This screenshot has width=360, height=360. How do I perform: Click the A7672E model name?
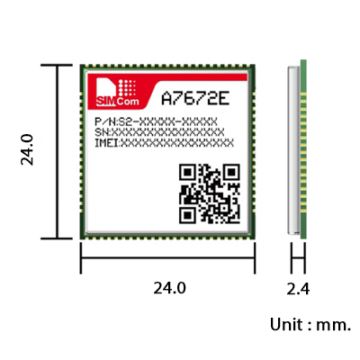point(195,98)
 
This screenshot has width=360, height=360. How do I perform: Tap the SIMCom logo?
point(118,93)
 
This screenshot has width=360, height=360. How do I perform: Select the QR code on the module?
point(210,193)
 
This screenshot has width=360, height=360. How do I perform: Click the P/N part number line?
point(156,122)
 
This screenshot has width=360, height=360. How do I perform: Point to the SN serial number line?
point(159,132)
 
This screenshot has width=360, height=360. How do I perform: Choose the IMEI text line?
point(164,143)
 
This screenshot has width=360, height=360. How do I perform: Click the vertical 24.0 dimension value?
point(27,149)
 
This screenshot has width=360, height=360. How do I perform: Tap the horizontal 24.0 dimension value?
point(170,289)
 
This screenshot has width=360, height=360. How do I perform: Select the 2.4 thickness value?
point(298,289)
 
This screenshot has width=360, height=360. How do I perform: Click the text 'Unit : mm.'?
point(310,325)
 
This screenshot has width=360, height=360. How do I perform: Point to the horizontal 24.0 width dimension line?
point(167,257)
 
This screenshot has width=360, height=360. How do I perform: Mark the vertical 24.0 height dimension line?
point(57,152)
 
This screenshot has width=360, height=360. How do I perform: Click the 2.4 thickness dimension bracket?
point(298,257)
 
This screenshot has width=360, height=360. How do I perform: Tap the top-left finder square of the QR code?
point(188,172)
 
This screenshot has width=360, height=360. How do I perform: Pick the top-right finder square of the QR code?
point(231,172)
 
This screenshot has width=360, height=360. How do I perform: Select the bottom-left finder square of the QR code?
point(188,215)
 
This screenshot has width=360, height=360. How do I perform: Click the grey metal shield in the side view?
point(294,150)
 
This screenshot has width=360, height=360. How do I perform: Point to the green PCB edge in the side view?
point(303,149)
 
